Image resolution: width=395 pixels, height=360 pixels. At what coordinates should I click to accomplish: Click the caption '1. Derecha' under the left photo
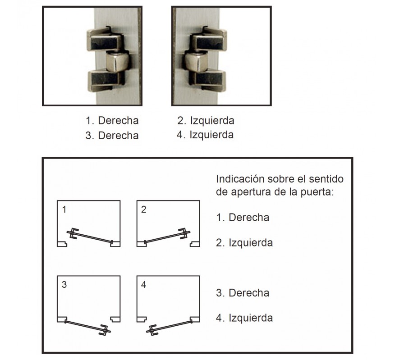(x=112, y=121)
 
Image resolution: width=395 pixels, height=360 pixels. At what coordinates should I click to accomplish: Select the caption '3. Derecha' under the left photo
(x=112, y=136)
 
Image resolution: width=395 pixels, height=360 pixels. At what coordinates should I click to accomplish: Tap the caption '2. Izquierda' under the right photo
(x=206, y=121)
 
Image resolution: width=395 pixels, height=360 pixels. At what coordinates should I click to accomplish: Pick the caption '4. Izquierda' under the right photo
(x=206, y=135)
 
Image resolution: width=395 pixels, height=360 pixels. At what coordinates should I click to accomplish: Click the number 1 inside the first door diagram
(x=64, y=209)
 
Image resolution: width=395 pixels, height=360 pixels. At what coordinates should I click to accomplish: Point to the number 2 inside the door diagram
(x=143, y=209)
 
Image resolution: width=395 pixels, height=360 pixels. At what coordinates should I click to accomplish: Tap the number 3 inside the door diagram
(x=64, y=285)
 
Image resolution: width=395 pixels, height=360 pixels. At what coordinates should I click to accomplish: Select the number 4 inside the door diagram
(x=143, y=285)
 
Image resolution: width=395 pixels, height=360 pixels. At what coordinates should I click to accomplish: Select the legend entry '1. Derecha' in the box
(x=243, y=217)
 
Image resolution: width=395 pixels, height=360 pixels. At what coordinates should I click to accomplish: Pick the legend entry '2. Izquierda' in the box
(x=244, y=243)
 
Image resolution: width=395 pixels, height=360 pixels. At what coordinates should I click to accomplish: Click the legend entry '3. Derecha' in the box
(x=243, y=293)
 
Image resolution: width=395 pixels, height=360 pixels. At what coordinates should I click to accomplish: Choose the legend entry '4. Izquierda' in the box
(x=244, y=318)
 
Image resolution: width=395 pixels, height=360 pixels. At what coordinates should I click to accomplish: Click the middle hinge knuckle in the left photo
(x=117, y=62)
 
